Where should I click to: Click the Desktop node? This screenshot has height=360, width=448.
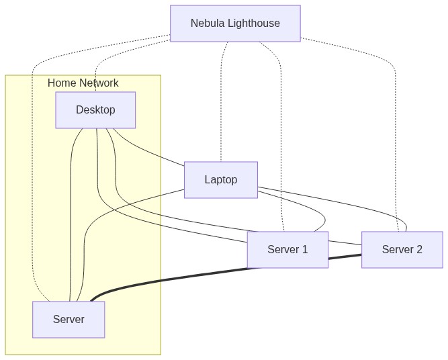coord(95,110)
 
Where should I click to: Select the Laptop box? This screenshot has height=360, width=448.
coord(220,180)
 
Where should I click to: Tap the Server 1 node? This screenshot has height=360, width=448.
coord(287,250)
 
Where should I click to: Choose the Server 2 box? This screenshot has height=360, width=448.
coord(402,250)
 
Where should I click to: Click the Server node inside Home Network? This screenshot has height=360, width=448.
coord(69,320)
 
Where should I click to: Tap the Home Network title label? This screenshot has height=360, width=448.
coord(83,83)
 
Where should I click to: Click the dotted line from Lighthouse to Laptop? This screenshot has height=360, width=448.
coord(221,101)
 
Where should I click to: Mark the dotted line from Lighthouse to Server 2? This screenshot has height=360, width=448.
coord(395,134)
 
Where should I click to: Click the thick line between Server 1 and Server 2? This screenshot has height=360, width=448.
coord(201,275)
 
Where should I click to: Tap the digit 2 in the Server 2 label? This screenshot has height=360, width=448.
coord(419,250)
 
